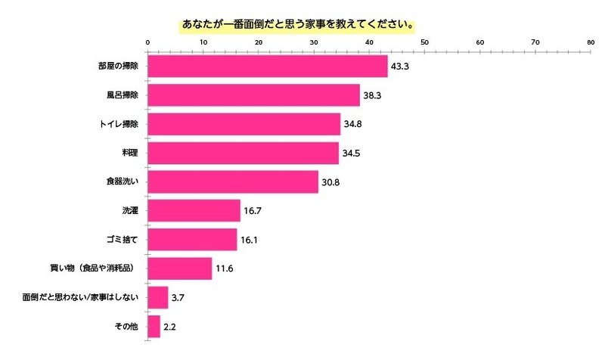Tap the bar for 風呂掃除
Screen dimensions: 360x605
pyautogui.click(x=253, y=95)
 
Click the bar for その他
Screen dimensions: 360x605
pyautogui.click(x=154, y=327)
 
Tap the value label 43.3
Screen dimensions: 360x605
pyautogui.click(x=399, y=67)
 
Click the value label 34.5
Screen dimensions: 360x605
pyautogui.click(x=351, y=154)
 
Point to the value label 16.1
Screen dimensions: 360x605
pyautogui.click(x=249, y=241)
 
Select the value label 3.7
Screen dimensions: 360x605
pyautogui.click(x=178, y=298)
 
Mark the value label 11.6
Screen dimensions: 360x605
pyautogui.click(x=224, y=269)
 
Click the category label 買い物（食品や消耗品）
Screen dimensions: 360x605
pyautogui.click(x=97, y=268)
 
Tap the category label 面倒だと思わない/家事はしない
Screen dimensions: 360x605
pyautogui.click(x=82, y=298)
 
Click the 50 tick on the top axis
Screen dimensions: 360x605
pyautogui.click(x=424, y=43)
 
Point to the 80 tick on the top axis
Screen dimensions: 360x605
pyautogui.click(x=590, y=43)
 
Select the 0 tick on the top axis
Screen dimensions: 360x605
pyautogui.click(x=147, y=43)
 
